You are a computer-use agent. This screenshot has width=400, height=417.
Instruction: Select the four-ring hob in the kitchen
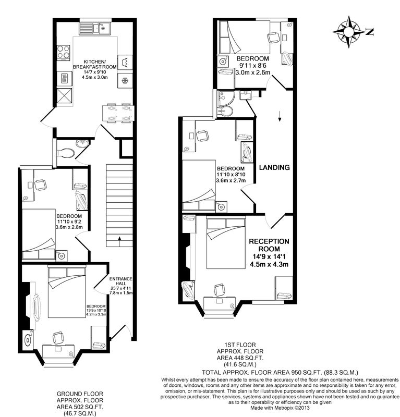click(x=63, y=52)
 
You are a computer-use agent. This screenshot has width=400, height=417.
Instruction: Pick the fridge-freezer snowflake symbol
click(x=125, y=81)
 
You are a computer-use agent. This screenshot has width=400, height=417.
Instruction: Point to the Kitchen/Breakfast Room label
click(x=95, y=64)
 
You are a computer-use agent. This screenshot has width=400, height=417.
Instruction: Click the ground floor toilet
click(x=65, y=153)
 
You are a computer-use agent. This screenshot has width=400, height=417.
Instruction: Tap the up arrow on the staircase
click(x=119, y=241)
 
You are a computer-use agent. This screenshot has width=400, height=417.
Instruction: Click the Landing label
click(x=274, y=167)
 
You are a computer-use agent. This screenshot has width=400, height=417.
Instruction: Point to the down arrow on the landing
click(x=280, y=116)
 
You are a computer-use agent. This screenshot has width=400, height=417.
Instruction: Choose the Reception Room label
click(x=269, y=245)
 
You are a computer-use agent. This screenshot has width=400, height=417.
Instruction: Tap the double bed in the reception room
click(x=226, y=243)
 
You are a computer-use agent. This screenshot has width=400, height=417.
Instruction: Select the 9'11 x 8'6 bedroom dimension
click(x=253, y=66)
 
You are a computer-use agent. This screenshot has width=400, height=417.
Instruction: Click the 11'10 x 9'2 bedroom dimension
click(x=69, y=222)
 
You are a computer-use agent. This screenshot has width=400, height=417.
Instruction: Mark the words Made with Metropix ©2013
click(x=280, y=408)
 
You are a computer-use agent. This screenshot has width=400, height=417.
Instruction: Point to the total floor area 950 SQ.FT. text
click(x=280, y=372)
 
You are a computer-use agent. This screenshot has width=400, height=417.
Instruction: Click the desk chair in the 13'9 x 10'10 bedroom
click(x=58, y=338)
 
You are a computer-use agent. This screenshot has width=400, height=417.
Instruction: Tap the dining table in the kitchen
click(x=118, y=114)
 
